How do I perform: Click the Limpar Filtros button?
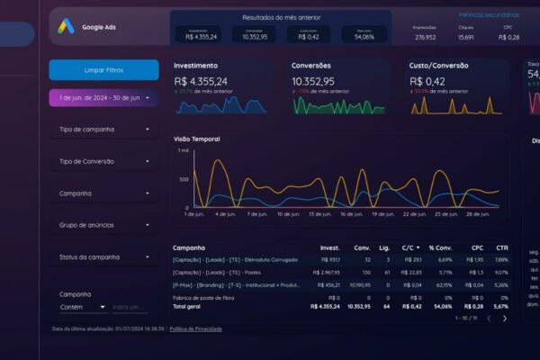coord(103,69)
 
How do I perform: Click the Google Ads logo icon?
coord(66,27)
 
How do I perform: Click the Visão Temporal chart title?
coord(196,139)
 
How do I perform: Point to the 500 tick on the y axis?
coord(184,179)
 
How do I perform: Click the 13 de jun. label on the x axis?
coord(319,214)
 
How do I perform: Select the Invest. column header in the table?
coord(329,247)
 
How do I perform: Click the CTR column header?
coord(501,247)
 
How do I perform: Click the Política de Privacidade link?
coord(195,328)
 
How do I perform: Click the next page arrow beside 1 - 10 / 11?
coord(504,318)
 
